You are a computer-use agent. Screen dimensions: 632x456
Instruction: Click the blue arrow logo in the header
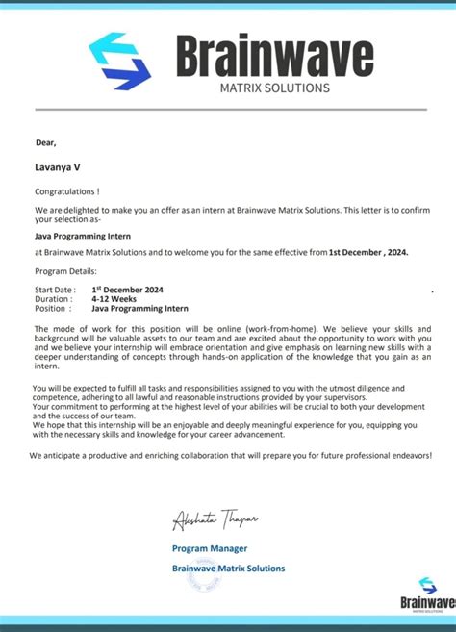coord(119,61)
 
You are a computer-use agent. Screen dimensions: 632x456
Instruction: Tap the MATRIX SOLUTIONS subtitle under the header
coord(275,88)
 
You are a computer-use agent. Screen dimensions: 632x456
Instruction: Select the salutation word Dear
coord(46,142)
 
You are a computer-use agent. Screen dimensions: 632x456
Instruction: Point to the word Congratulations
coord(67,192)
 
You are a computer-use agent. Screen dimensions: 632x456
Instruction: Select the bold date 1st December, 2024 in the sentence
coord(368,252)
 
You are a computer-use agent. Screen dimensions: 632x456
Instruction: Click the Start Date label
coord(55,290)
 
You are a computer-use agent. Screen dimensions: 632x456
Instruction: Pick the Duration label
coord(53,299)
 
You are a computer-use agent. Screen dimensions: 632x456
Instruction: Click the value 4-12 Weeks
coord(114,299)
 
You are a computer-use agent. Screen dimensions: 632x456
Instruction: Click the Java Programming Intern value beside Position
coord(139,309)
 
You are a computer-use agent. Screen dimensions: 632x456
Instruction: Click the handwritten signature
coord(215,519)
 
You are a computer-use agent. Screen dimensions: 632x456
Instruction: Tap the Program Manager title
coord(210,548)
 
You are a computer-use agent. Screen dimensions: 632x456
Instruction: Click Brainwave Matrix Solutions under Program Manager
coord(228,569)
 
